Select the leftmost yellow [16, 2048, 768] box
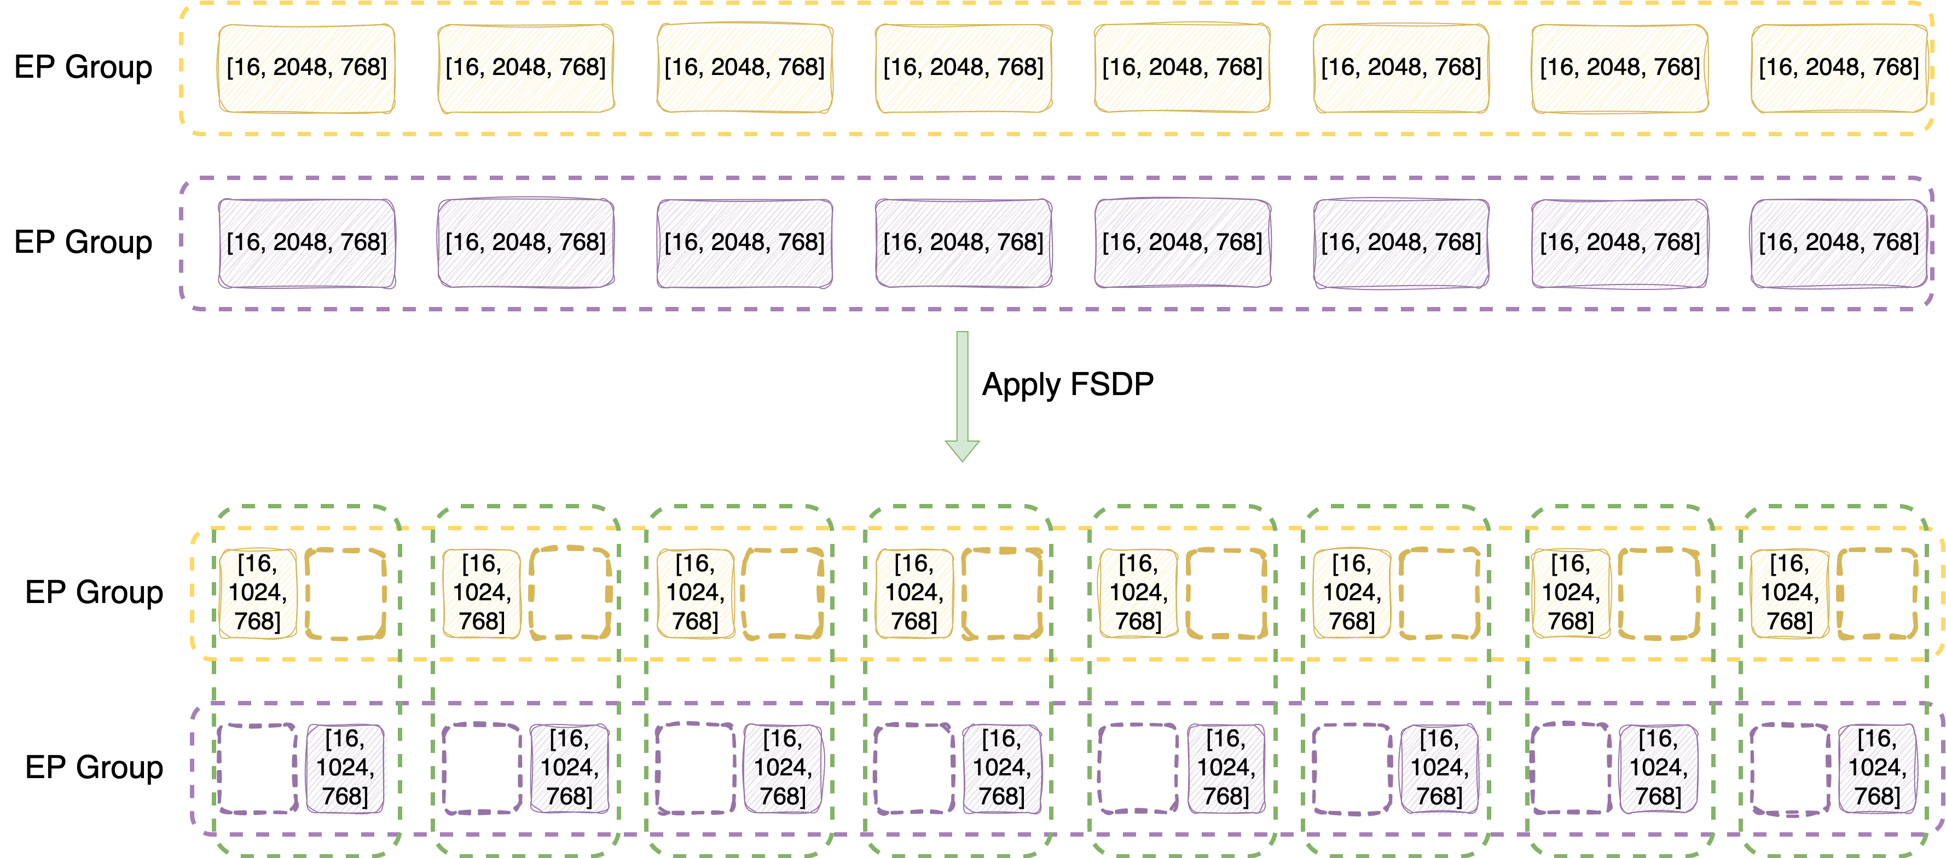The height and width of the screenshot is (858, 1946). tap(306, 68)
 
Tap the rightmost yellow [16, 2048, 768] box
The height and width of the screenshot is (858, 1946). tap(1839, 68)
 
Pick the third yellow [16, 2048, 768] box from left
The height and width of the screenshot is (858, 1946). tap(745, 68)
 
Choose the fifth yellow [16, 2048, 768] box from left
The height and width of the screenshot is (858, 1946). tap(1182, 68)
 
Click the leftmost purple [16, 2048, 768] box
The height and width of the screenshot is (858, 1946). tap(306, 243)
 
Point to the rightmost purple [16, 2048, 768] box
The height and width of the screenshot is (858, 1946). tap(1839, 243)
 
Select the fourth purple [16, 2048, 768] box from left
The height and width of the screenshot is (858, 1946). tap(964, 243)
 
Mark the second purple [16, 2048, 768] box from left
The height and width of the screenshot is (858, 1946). tap(526, 243)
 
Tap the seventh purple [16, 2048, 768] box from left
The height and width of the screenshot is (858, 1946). tap(1620, 243)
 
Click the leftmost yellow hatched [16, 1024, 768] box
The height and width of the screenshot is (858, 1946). tap(258, 594)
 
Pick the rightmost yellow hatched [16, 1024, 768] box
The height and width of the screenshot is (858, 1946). tap(1789, 594)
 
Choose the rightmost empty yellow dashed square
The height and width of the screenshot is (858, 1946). tap(1877, 594)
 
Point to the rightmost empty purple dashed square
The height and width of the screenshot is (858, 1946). tap(1789, 769)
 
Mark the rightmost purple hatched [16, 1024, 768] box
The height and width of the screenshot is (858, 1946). tap(1877, 769)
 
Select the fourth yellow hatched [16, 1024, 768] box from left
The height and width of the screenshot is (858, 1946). tap(914, 594)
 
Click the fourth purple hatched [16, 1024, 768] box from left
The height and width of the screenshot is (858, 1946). tap(1001, 769)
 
